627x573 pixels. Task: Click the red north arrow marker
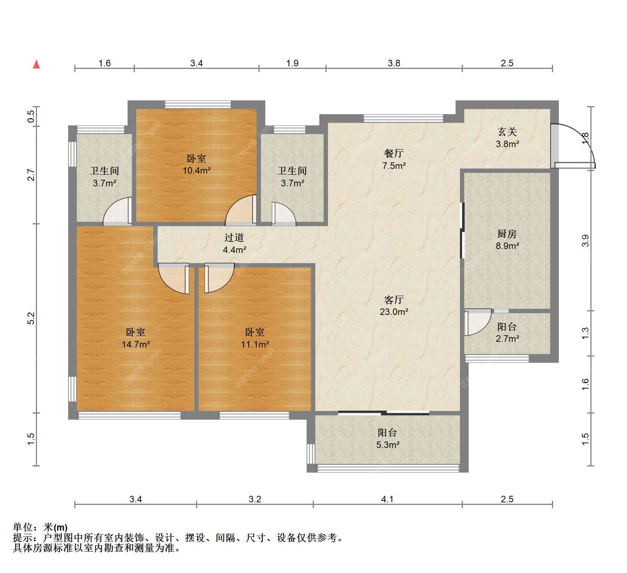click(x=36, y=64)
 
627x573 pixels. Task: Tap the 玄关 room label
click(x=507, y=132)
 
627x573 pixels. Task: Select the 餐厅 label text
click(x=394, y=153)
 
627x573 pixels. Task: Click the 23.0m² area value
click(x=394, y=312)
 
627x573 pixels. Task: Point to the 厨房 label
click(x=507, y=234)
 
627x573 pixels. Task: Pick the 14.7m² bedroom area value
click(x=136, y=344)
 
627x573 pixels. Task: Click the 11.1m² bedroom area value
click(x=255, y=344)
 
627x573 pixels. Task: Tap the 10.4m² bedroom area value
click(x=196, y=170)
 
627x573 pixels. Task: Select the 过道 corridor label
click(x=234, y=237)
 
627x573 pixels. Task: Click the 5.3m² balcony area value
click(x=388, y=445)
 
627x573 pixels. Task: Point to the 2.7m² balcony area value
click(x=507, y=339)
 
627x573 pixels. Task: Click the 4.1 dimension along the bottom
click(x=387, y=499)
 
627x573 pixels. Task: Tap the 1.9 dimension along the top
click(x=292, y=63)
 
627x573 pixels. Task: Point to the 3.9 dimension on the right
click(x=585, y=241)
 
